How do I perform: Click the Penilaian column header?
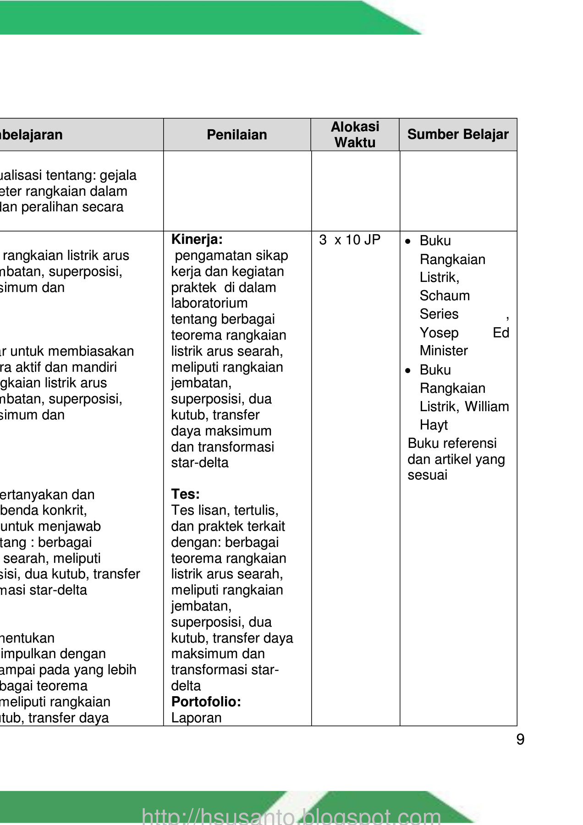236,135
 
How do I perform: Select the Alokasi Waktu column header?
355,135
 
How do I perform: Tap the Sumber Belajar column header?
458,134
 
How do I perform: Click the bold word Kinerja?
197,239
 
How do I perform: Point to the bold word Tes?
185,494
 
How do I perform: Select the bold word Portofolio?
206,702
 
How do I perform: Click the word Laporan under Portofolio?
196,718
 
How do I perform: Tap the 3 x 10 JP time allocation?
350,240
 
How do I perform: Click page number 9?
520,740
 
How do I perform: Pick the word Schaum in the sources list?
445,296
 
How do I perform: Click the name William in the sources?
487,407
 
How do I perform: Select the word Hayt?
434,425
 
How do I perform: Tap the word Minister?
444,351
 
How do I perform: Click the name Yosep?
439,332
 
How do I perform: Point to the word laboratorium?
209,303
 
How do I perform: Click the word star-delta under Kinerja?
200,462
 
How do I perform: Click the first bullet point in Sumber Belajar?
408,241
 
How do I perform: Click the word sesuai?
427,475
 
